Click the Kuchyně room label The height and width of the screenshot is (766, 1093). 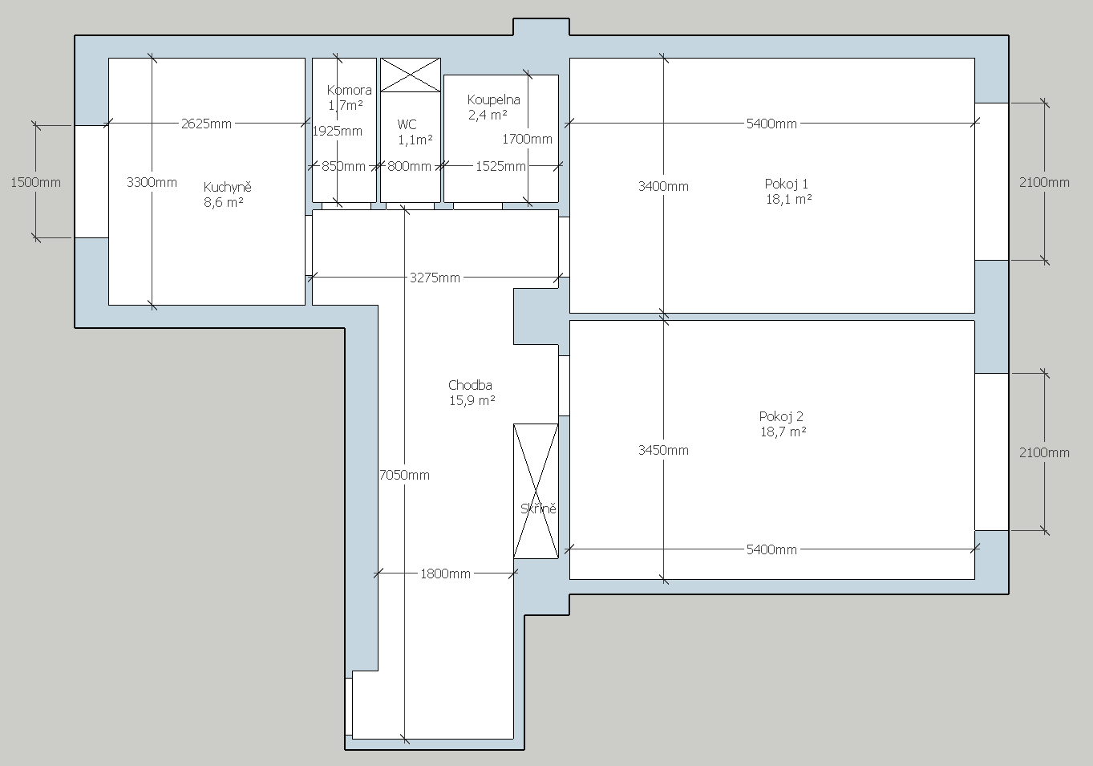(228, 187)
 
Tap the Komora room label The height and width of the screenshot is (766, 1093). (349, 90)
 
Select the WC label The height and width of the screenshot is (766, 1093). (407, 124)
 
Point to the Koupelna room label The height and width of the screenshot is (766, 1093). (493, 100)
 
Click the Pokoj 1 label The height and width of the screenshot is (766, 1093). (786, 184)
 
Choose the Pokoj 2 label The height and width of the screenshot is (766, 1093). (781, 416)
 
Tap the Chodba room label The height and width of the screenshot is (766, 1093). (470, 385)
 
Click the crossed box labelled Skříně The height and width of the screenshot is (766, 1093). (536, 491)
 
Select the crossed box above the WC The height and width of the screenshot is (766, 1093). (410, 75)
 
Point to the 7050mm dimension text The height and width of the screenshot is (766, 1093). (404, 475)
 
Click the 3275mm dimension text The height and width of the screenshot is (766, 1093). (435, 278)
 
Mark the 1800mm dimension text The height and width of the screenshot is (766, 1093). (445, 573)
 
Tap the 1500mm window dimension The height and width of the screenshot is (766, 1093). (35, 182)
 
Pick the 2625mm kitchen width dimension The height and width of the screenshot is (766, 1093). (206, 124)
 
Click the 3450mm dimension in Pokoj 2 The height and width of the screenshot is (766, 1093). (663, 450)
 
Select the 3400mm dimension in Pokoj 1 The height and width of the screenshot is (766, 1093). (663, 186)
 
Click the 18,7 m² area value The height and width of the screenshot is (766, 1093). (783, 432)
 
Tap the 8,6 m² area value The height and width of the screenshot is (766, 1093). (224, 202)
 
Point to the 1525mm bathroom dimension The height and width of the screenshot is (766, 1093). (500, 166)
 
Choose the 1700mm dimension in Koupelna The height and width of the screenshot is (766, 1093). (527, 139)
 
